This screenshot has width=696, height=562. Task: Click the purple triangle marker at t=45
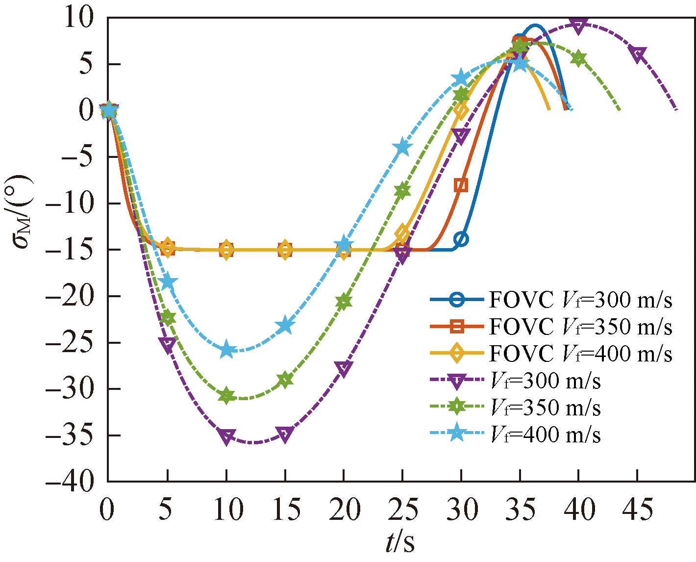[x=638, y=54]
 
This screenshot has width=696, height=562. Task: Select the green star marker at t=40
[x=579, y=59]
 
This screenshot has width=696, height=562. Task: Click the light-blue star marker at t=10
[x=226, y=350]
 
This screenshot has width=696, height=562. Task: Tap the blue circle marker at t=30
[x=461, y=239]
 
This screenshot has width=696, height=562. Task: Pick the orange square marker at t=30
[x=461, y=185]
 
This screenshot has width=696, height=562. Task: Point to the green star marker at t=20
[x=344, y=302]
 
